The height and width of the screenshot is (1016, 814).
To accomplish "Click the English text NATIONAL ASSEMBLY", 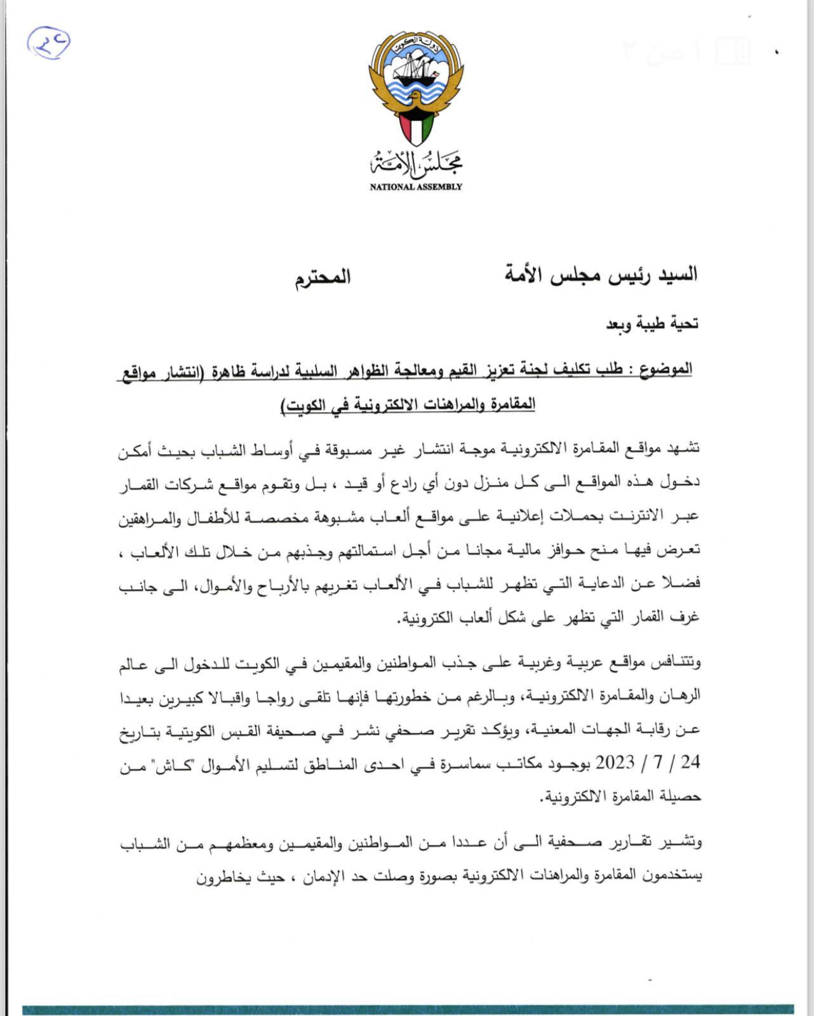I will pyautogui.click(x=416, y=187).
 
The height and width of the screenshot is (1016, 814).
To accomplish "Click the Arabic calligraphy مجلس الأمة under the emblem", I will pyautogui.click(x=417, y=164).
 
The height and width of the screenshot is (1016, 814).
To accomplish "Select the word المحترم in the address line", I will pyautogui.click(x=322, y=278).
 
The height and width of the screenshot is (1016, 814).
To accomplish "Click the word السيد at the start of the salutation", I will pyautogui.click(x=677, y=274).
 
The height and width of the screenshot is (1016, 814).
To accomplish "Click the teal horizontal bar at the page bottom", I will pyautogui.click(x=407, y=1009).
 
